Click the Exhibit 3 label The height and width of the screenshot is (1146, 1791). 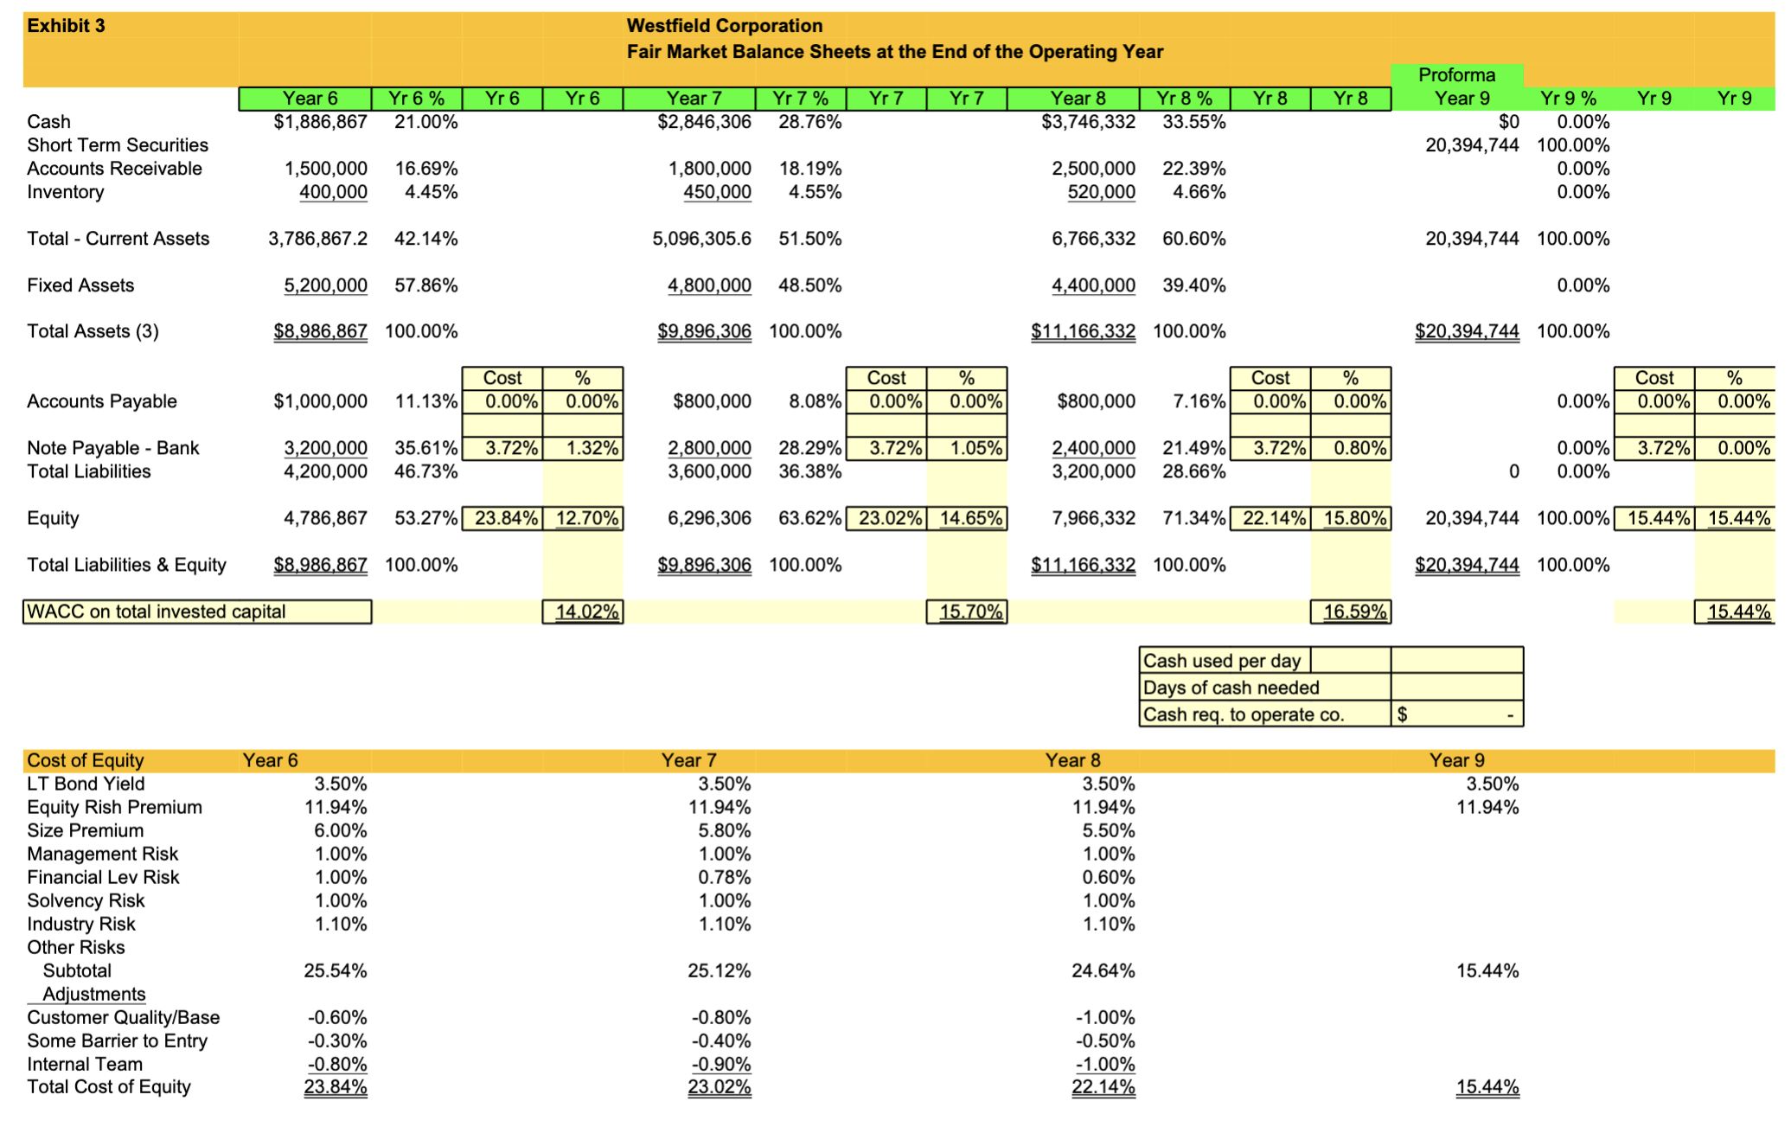coord(66,26)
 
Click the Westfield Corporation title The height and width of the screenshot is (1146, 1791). coord(724,26)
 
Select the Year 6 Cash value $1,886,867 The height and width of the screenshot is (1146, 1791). coord(320,122)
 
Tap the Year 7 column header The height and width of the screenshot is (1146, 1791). coord(694,99)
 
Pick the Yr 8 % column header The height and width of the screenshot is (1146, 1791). coord(1184,99)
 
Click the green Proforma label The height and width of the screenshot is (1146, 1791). coord(1456,75)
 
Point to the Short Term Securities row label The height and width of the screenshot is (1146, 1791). coord(118,145)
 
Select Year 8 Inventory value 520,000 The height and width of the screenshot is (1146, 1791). coord(1101,192)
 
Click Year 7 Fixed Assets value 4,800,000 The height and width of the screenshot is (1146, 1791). coord(709,285)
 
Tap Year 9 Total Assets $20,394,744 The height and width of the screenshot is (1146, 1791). coord(1467,331)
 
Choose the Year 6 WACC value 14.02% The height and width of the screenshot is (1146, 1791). coord(585,612)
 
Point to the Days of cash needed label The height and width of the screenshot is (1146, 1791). coord(1231,688)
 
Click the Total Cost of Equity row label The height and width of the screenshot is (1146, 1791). coord(109,1087)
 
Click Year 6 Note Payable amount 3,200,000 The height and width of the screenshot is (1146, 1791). coord(325,448)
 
